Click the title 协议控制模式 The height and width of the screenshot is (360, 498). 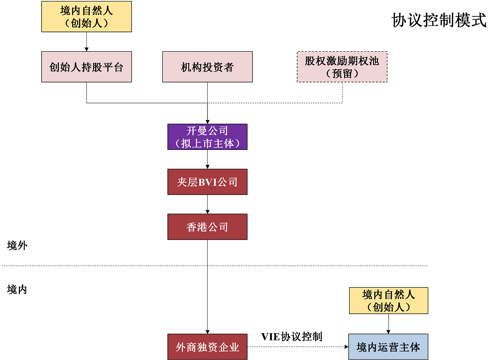[x=439, y=20]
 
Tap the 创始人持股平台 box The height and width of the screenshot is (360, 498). [x=87, y=67]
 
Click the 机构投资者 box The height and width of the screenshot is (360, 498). [x=207, y=67]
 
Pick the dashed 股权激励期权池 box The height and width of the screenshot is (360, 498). [x=342, y=67]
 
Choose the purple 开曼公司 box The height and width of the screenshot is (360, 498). [x=207, y=137]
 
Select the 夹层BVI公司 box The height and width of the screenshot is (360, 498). [x=207, y=182]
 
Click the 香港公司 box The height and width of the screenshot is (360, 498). [x=207, y=227]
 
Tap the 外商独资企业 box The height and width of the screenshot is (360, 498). [x=207, y=347]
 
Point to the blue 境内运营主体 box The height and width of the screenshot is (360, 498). [x=388, y=347]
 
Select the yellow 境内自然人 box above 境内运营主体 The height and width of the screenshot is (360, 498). [x=388, y=301]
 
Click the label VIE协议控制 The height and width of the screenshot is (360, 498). [x=292, y=337]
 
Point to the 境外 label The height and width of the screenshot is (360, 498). [x=17, y=245]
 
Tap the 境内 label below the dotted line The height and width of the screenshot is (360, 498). [x=17, y=289]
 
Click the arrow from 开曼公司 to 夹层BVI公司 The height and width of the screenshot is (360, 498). [x=207, y=159]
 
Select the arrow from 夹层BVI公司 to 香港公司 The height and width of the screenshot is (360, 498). [x=207, y=204]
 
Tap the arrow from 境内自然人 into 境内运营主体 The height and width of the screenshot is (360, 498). [x=388, y=324]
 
